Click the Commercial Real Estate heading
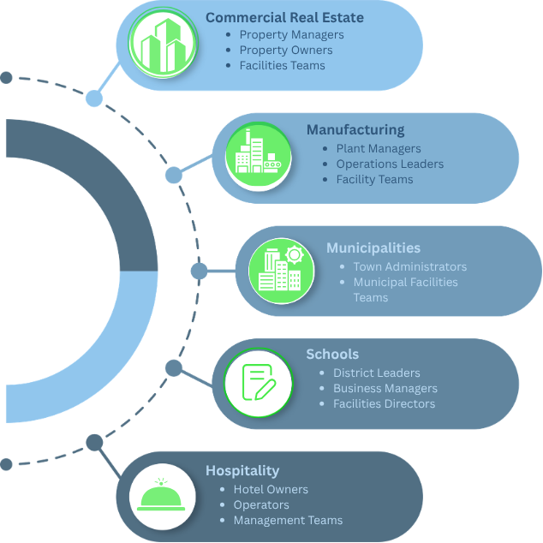(284, 18)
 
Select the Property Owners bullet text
(286, 51)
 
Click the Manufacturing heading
(355, 130)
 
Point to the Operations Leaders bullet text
(390, 164)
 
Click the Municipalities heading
(373, 248)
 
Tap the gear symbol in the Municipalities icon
(295, 255)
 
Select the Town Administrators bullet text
(410, 266)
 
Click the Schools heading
(332, 355)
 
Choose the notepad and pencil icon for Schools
(259, 382)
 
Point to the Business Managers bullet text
(385, 389)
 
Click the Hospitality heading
(242, 470)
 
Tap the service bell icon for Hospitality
(161, 494)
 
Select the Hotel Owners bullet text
(271, 489)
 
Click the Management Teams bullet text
(288, 520)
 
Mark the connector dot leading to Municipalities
(199, 271)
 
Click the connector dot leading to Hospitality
(94, 443)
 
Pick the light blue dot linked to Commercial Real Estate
(94, 98)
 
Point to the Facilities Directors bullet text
(384, 403)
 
